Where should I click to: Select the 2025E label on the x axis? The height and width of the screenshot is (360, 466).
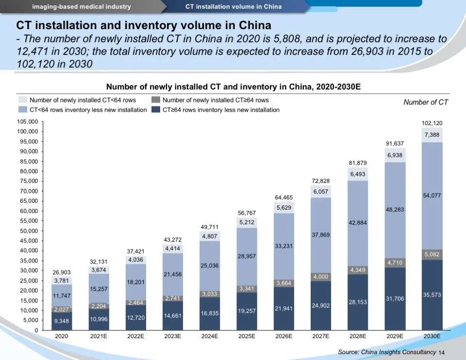[x=247, y=336]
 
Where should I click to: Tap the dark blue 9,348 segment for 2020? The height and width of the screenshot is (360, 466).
[x=62, y=321]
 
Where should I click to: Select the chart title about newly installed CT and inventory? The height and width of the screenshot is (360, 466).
[x=233, y=87]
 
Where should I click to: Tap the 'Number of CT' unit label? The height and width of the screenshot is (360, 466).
[x=426, y=102]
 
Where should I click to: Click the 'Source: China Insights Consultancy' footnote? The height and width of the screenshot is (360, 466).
[x=386, y=352]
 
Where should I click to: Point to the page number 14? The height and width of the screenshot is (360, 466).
[x=441, y=352]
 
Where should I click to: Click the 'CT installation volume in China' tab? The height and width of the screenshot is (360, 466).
[x=233, y=6]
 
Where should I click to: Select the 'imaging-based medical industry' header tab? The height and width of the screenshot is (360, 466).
[x=82, y=6]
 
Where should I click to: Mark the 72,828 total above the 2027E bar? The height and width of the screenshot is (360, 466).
[x=321, y=181]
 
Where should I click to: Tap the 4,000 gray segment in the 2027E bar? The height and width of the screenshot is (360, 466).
[x=321, y=277]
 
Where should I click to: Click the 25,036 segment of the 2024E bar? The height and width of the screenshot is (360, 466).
[x=210, y=265]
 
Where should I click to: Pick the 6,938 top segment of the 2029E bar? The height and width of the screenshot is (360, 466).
[x=395, y=155]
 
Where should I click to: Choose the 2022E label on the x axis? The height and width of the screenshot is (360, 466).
[x=136, y=336]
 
